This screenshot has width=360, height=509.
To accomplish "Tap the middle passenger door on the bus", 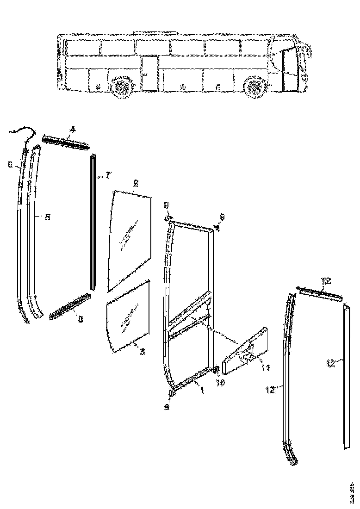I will pos(149,73).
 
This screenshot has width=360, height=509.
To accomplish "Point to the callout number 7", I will pos(107,175).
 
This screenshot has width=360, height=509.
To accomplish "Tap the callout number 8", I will pos(81,319).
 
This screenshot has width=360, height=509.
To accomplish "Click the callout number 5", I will pos(47,216).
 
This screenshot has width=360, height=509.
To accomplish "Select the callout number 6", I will pos(10,164).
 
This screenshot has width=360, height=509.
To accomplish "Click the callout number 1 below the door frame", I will pos(201,391).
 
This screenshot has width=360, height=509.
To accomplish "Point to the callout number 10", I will pos(220,384).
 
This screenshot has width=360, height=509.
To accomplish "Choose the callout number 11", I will pos(265,367).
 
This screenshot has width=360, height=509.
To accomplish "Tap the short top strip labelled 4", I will pos(64,142).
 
